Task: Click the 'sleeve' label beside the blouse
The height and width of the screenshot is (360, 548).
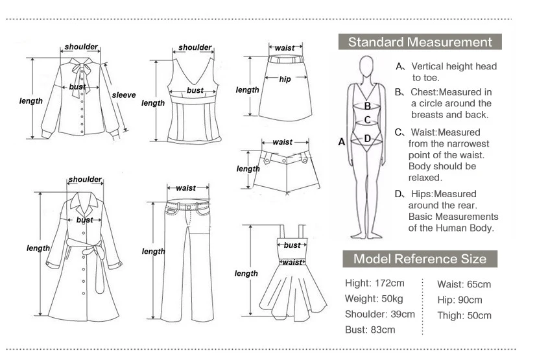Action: tap(124, 95)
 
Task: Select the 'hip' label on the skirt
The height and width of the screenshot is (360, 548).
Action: tap(285, 79)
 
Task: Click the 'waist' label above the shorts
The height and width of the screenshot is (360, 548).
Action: tap(282, 142)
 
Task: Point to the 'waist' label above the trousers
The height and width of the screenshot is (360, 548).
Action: tap(185, 188)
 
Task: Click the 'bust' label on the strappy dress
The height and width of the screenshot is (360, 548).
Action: tap(292, 245)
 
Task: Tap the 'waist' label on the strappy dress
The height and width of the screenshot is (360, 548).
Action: tap(292, 262)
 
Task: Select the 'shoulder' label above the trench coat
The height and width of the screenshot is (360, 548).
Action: tap(85, 180)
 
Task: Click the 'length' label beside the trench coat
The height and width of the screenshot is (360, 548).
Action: tap(38, 248)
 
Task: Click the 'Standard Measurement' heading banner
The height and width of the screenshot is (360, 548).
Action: tap(420, 42)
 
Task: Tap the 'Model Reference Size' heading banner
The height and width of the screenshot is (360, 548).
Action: tap(420, 259)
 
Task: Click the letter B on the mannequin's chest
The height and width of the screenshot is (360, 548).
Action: tap(367, 106)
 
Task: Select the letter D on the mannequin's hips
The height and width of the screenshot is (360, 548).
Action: tap(367, 139)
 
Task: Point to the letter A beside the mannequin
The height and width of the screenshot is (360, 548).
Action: tap(342, 142)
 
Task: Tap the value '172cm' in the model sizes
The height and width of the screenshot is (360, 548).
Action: tap(390, 283)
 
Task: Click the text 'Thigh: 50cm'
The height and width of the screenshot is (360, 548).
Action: tap(464, 316)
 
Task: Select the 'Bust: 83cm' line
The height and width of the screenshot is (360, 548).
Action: tap(370, 330)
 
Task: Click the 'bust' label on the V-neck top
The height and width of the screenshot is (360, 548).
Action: tap(195, 90)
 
